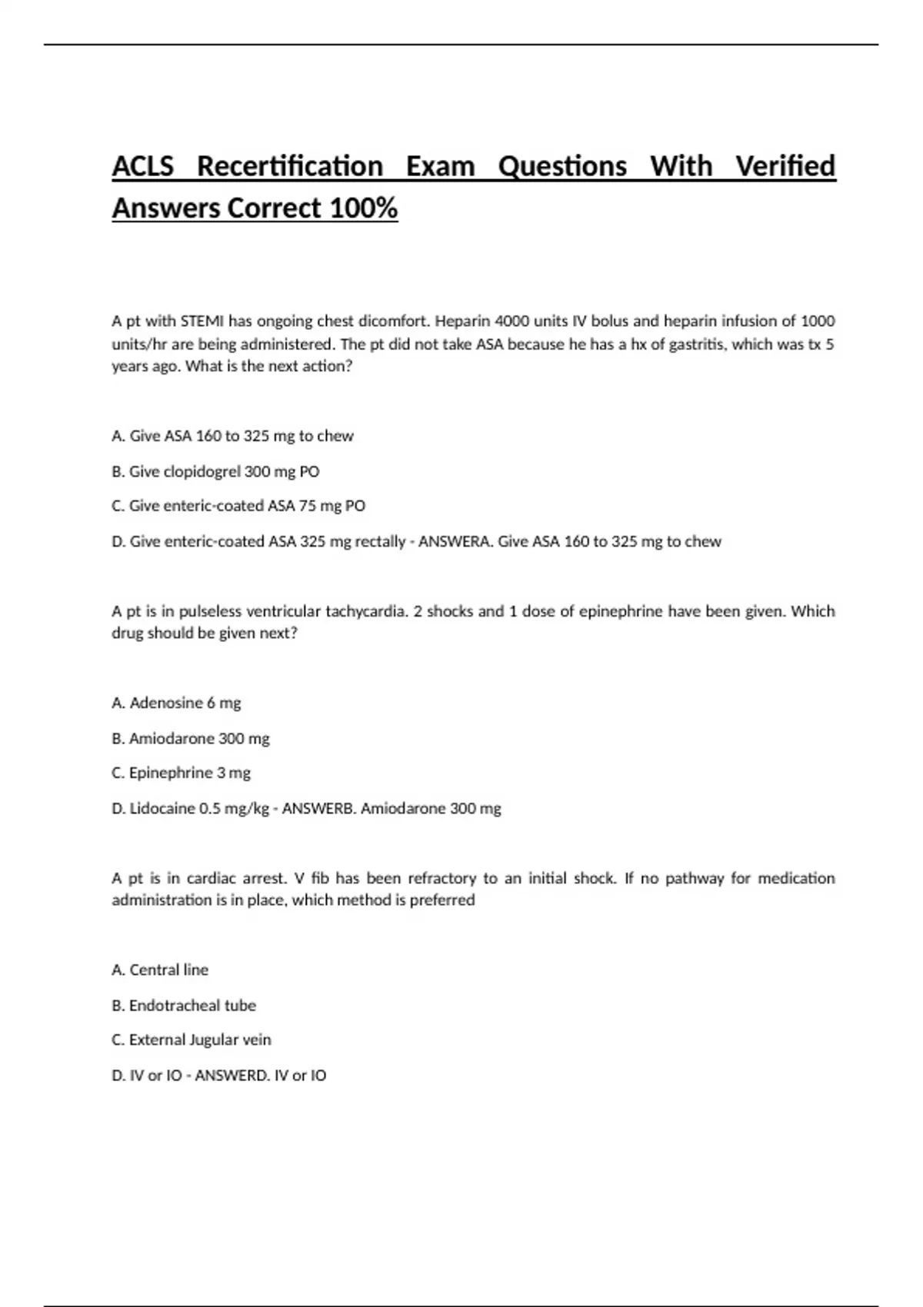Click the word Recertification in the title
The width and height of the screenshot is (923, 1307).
pyautogui.click(x=290, y=166)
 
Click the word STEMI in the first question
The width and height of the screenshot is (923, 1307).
pyautogui.click(x=202, y=321)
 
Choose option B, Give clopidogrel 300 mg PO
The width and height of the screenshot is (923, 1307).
pyautogui.click(x=215, y=471)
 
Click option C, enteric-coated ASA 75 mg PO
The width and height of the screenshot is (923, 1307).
pyautogui.click(x=238, y=506)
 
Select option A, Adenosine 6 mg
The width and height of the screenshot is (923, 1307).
pyautogui.click(x=176, y=703)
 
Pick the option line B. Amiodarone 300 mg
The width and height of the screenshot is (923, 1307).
pyautogui.click(x=191, y=738)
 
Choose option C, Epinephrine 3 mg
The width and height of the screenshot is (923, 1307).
pyautogui.click(x=182, y=773)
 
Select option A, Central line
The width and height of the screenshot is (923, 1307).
pyautogui.click(x=160, y=969)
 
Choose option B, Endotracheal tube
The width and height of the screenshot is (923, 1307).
pyautogui.click(x=184, y=1005)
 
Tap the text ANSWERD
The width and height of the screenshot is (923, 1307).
pyautogui.click(x=228, y=1075)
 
